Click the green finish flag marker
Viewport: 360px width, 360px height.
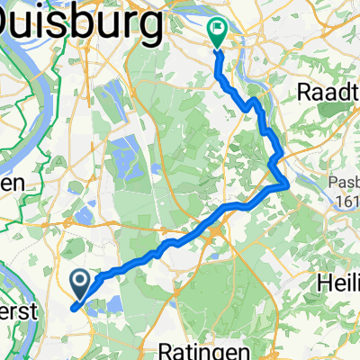click(218, 31)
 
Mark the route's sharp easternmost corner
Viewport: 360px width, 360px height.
click(287, 184)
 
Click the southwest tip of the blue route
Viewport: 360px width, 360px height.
click(71, 307)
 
